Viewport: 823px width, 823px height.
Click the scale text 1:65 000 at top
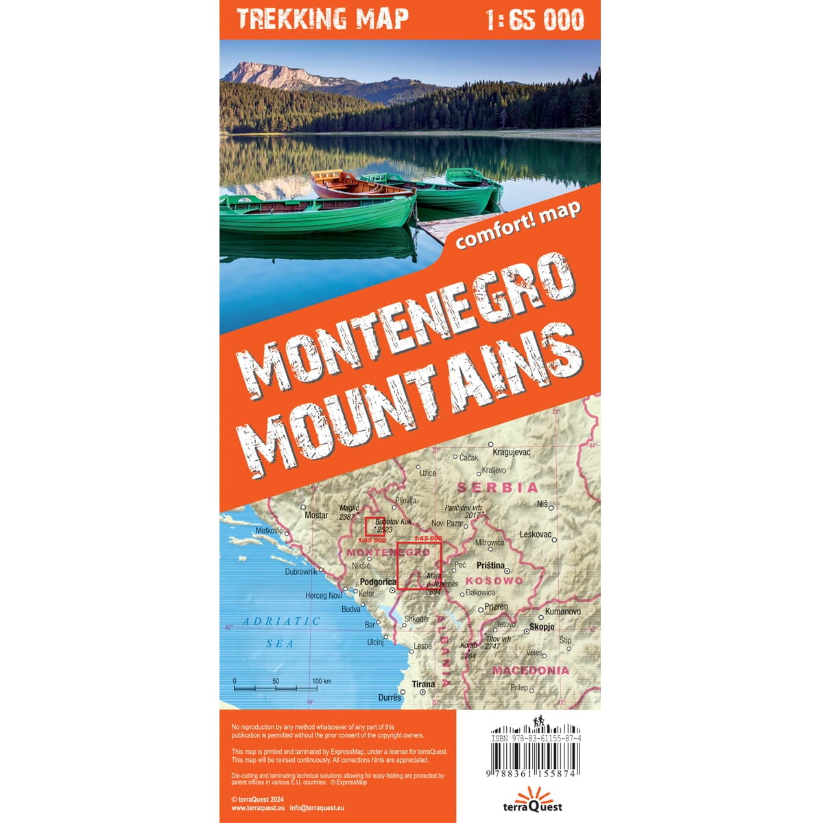point(534,20)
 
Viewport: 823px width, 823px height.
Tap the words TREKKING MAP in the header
point(322,19)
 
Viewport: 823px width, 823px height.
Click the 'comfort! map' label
point(518,226)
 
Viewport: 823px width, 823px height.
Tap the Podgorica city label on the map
point(378,582)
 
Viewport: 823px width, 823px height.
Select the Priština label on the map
point(490,566)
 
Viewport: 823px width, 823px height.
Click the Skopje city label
point(541,627)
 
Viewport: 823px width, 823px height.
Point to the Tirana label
point(423,684)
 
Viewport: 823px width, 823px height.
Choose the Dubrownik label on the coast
point(302,571)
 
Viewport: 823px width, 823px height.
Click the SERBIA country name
point(498,488)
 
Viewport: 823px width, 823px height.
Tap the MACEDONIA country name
point(531,670)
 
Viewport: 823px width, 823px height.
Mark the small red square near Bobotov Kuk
point(374,527)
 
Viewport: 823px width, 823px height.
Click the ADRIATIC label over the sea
point(281,621)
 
